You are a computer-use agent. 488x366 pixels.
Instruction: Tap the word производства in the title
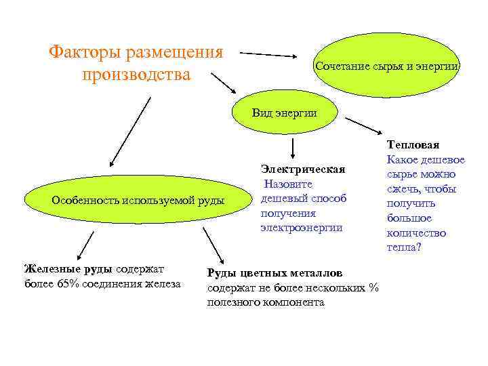136,73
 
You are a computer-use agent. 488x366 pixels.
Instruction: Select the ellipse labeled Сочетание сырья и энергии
387,66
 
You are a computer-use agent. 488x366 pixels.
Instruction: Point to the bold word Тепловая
413,144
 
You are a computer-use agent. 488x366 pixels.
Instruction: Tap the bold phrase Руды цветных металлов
274,272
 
